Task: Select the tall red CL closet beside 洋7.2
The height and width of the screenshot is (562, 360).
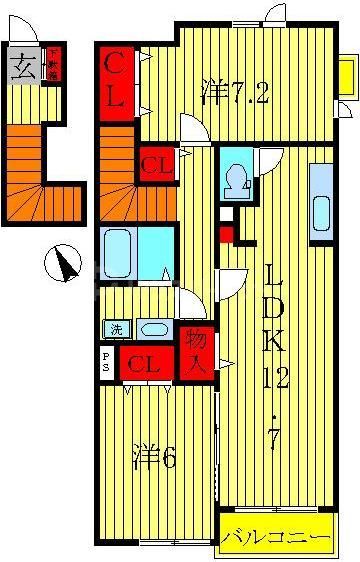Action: pos(116,84)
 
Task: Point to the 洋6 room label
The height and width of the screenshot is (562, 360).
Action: pos(154,459)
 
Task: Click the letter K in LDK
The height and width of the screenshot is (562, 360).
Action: pos(272,341)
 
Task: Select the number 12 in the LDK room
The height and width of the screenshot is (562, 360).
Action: pos(272,378)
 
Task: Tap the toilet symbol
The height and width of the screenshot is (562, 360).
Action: pos(238,179)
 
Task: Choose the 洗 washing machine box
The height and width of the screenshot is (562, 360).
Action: pos(113,328)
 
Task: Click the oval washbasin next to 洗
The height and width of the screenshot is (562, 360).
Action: pos(152,328)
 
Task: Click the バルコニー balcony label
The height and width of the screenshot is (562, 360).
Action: pos(275,538)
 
